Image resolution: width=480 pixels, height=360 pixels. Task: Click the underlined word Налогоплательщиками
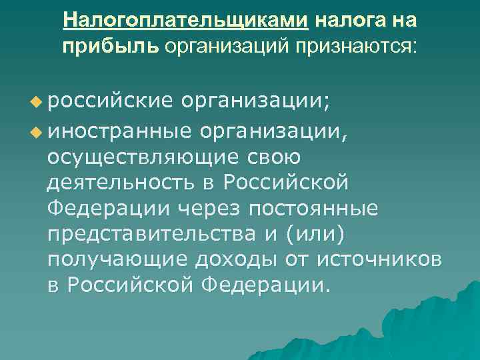[186, 21]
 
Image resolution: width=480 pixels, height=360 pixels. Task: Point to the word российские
[111, 101]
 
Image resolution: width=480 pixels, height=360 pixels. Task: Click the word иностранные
[119, 129]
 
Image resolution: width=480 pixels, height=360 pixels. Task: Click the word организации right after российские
[259, 101]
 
